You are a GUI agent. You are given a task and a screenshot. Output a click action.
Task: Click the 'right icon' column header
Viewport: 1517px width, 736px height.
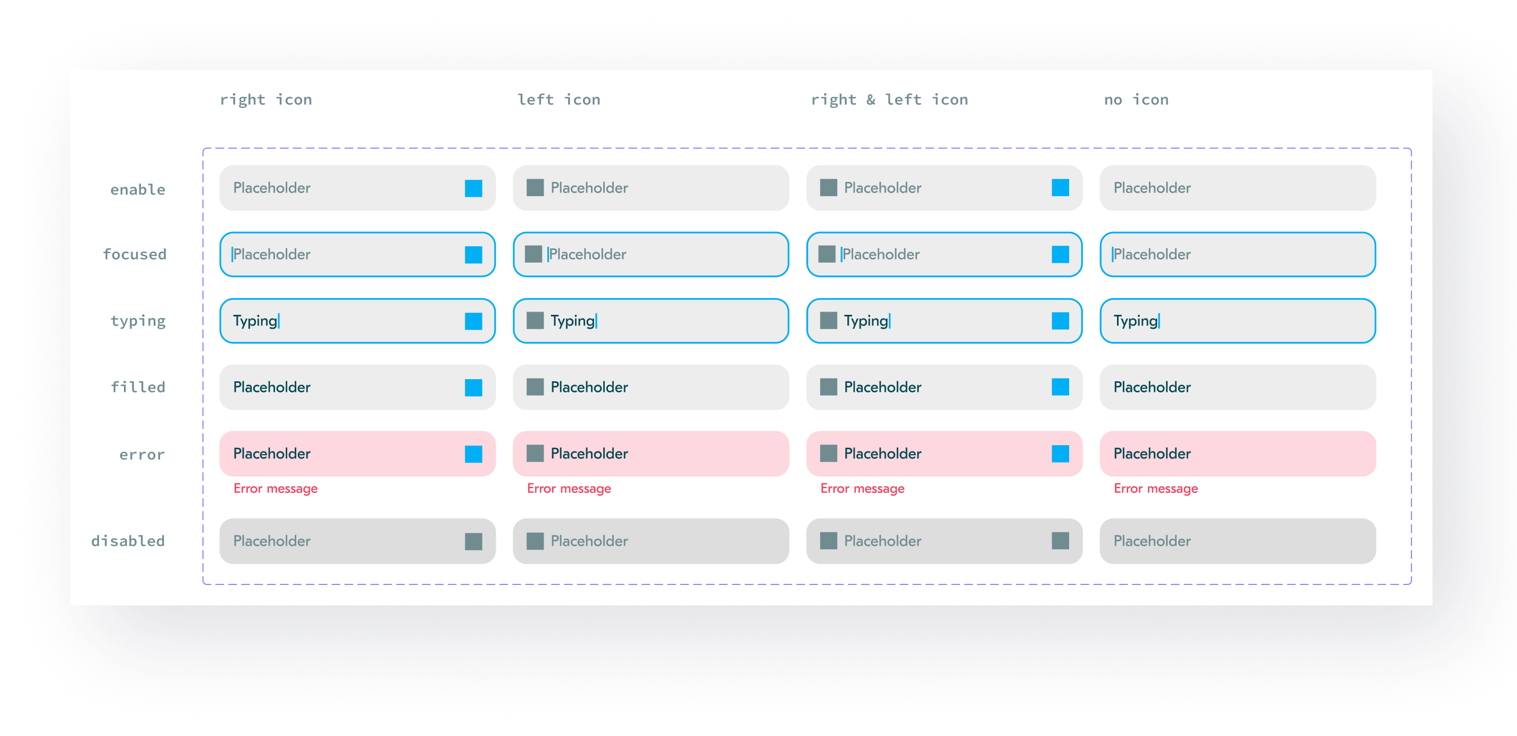tap(265, 99)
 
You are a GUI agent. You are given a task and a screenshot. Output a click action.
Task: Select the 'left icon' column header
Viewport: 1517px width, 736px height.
tap(559, 99)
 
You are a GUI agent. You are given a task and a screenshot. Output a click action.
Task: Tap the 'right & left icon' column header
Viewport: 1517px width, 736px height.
tap(889, 99)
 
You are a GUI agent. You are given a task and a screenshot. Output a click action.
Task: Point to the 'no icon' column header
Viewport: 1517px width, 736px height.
tap(1136, 99)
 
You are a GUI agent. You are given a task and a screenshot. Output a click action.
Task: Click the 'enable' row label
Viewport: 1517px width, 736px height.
tap(138, 190)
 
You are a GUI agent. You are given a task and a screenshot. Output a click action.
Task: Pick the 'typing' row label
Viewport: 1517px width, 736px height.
tap(138, 321)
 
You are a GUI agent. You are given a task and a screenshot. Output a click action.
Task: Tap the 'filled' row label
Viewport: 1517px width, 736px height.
tap(138, 387)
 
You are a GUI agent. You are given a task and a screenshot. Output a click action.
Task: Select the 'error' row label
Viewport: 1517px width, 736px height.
tap(142, 455)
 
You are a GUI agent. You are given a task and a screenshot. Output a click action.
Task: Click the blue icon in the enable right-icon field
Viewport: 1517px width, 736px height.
tap(473, 188)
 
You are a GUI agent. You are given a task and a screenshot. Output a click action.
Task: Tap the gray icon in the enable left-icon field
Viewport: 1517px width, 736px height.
tap(535, 188)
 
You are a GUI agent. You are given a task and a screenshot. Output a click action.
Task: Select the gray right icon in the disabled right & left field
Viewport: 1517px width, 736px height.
tap(1061, 540)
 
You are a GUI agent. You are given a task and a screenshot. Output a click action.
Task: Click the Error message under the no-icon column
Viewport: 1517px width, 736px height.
tap(1155, 489)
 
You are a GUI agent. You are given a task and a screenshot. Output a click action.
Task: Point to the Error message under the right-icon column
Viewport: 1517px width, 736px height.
tap(276, 489)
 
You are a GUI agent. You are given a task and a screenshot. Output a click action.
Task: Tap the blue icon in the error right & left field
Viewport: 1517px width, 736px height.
tap(1061, 454)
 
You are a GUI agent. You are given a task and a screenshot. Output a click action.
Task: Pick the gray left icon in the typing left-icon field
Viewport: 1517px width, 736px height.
tap(535, 320)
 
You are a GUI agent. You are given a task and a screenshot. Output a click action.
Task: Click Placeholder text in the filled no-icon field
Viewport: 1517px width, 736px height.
tap(1152, 387)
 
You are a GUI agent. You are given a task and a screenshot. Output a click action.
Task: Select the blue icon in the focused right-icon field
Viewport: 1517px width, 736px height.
tap(473, 254)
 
